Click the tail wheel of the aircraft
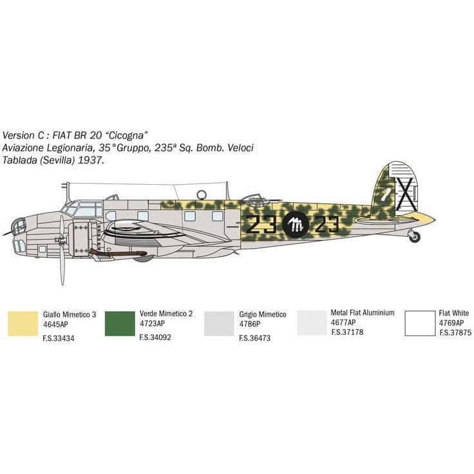415,236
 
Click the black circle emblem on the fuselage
296,225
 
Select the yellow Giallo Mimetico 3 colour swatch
23,323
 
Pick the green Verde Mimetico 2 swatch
120,323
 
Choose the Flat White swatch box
420,323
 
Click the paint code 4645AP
55,325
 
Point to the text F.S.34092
155,337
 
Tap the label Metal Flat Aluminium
363,312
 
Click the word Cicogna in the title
128,135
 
